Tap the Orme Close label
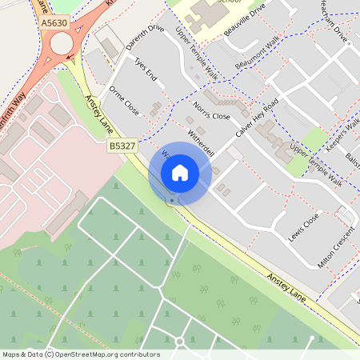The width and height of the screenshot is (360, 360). (x=124, y=100)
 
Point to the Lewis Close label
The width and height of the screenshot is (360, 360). (x=305, y=227)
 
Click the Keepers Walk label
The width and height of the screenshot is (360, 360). (x=343, y=133)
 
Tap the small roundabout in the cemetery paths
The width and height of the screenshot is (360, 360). (x=179, y=342)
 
